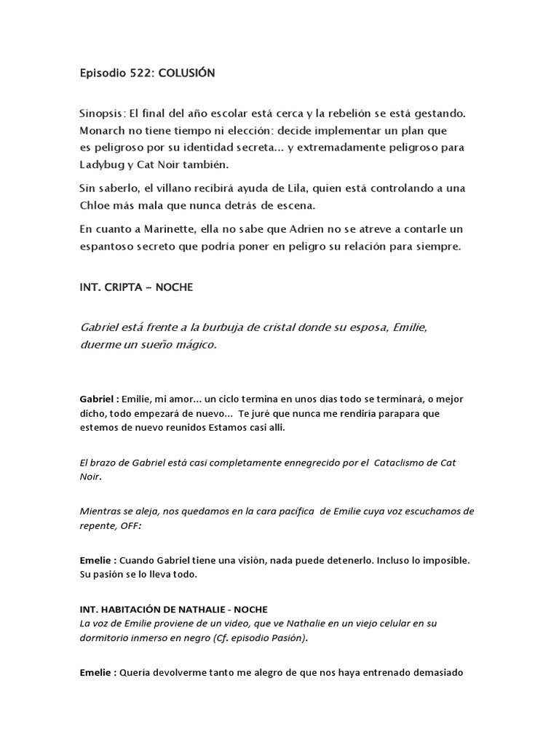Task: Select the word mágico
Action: [192, 344]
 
